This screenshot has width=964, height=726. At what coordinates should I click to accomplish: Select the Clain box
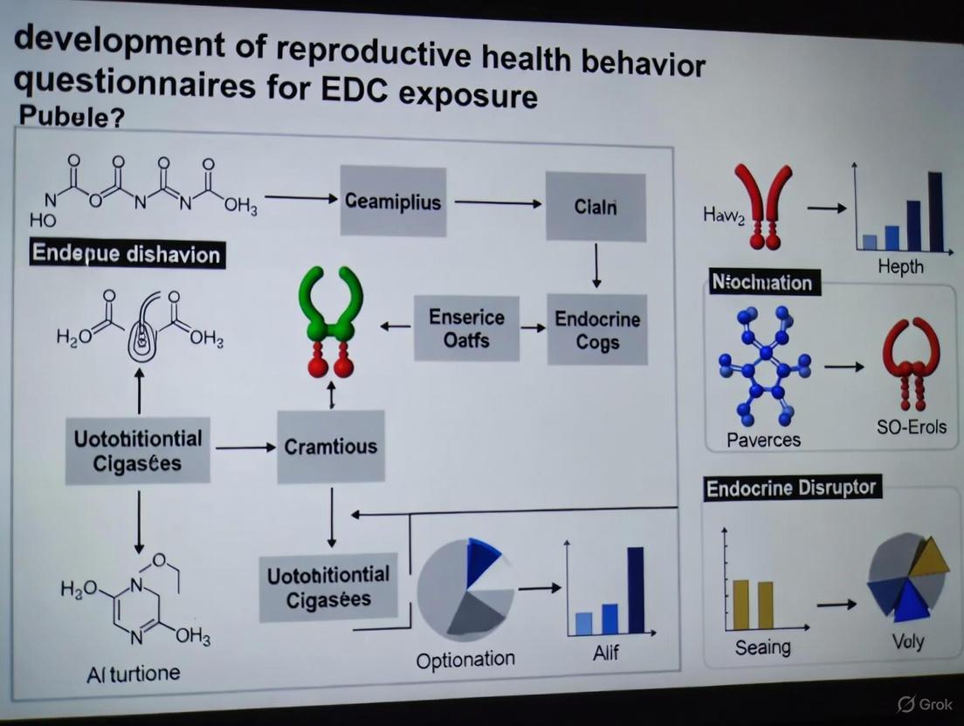(596, 207)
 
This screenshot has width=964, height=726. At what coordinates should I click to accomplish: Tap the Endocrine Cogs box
(597, 331)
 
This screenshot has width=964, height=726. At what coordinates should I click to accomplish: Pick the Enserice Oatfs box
(466, 328)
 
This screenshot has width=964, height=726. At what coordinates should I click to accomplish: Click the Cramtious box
(331, 447)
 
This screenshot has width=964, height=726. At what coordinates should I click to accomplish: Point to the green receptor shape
(330, 302)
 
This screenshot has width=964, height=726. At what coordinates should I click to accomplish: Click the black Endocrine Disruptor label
(792, 488)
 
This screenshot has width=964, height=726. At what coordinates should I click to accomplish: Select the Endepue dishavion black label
(126, 254)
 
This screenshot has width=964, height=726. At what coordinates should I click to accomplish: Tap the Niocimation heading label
(762, 282)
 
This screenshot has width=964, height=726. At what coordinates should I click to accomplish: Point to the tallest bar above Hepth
(934, 211)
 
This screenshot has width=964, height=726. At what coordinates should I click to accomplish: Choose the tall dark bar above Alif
(636, 589)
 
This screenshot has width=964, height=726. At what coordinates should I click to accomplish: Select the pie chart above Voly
(907, 578)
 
